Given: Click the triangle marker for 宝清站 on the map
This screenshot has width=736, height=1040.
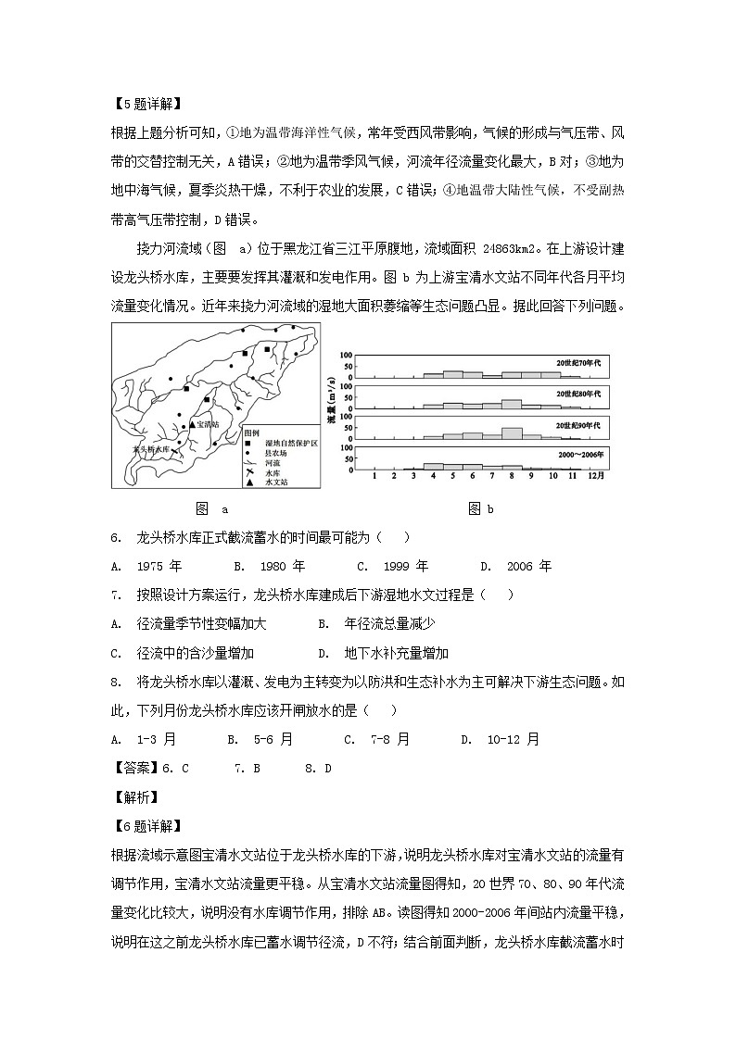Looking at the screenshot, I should [192, 424].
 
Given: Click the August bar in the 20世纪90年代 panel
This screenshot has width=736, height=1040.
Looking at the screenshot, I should [511, 432].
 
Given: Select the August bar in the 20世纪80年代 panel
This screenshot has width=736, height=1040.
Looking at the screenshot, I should [511, 404].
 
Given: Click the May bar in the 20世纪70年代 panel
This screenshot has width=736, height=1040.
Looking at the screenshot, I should [452, 374].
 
